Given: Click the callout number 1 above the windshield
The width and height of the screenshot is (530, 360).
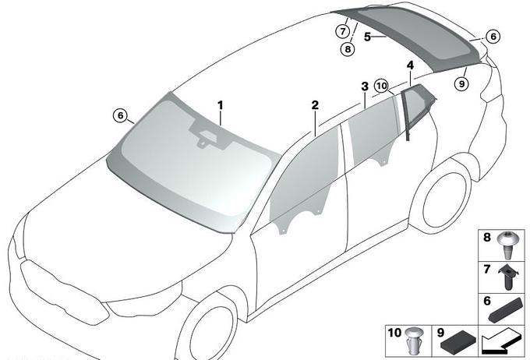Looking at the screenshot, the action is [x=221, y=105].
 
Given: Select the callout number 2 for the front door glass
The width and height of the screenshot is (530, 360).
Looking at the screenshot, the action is [x=315, y=105].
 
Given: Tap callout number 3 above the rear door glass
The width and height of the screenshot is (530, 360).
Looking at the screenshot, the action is [x=365, y=86].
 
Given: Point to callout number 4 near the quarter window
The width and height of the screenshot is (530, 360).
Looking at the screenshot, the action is [x=410, y=65].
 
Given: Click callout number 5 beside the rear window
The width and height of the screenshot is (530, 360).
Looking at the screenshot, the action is [x=368, y=37].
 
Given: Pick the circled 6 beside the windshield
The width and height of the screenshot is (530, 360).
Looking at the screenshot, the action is [x=121, y=115].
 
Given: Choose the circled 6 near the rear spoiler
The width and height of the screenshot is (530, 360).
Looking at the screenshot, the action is [x=493, y=36].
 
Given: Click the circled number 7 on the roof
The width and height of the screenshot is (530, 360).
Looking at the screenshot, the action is [x=343, y=31].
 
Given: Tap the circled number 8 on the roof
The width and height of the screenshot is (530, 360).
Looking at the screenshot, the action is [x=348, y=49].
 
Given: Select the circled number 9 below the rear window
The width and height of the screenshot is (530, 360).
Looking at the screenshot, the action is [x=461, y=83].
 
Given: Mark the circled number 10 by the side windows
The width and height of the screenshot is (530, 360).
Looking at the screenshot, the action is [x=381, y=86].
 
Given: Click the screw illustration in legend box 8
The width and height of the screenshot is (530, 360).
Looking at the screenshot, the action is [x=506, y=245].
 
